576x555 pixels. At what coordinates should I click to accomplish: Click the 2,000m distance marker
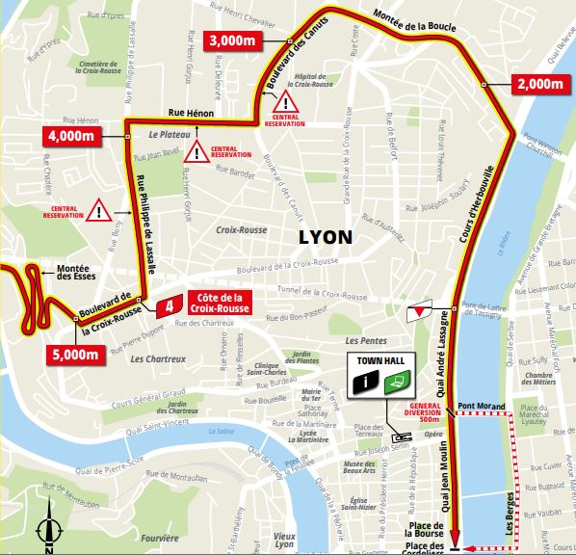538,84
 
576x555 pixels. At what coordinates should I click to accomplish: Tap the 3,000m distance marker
233,40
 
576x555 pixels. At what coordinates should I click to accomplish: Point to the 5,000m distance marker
73,354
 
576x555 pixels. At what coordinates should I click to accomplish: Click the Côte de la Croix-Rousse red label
221,304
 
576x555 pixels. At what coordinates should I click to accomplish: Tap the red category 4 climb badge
170,305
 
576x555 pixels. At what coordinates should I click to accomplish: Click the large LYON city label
325,237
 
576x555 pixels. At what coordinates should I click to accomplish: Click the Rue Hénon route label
190,112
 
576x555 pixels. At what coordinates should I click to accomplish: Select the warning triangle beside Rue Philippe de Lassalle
101,207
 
